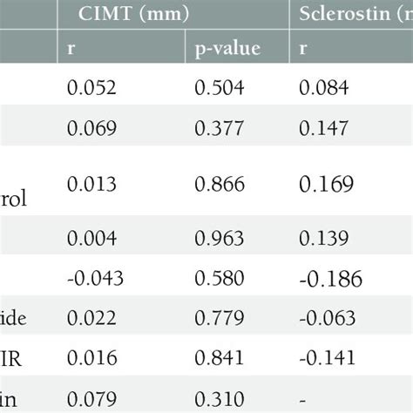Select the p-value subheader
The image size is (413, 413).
(226, 50)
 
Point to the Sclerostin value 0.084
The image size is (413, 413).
(324, 88)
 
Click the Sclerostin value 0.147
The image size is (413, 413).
(324, 128)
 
